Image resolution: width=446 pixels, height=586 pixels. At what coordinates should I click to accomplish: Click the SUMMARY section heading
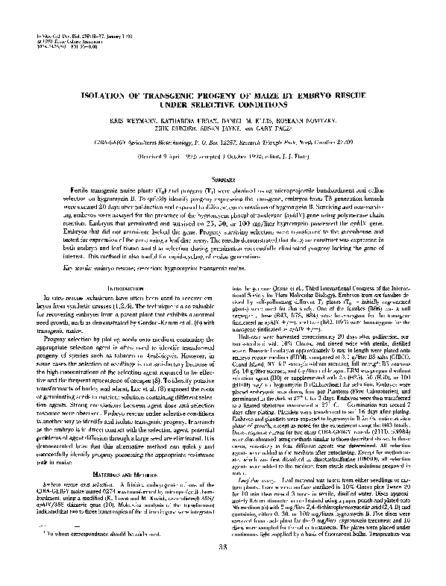point(224,179)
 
